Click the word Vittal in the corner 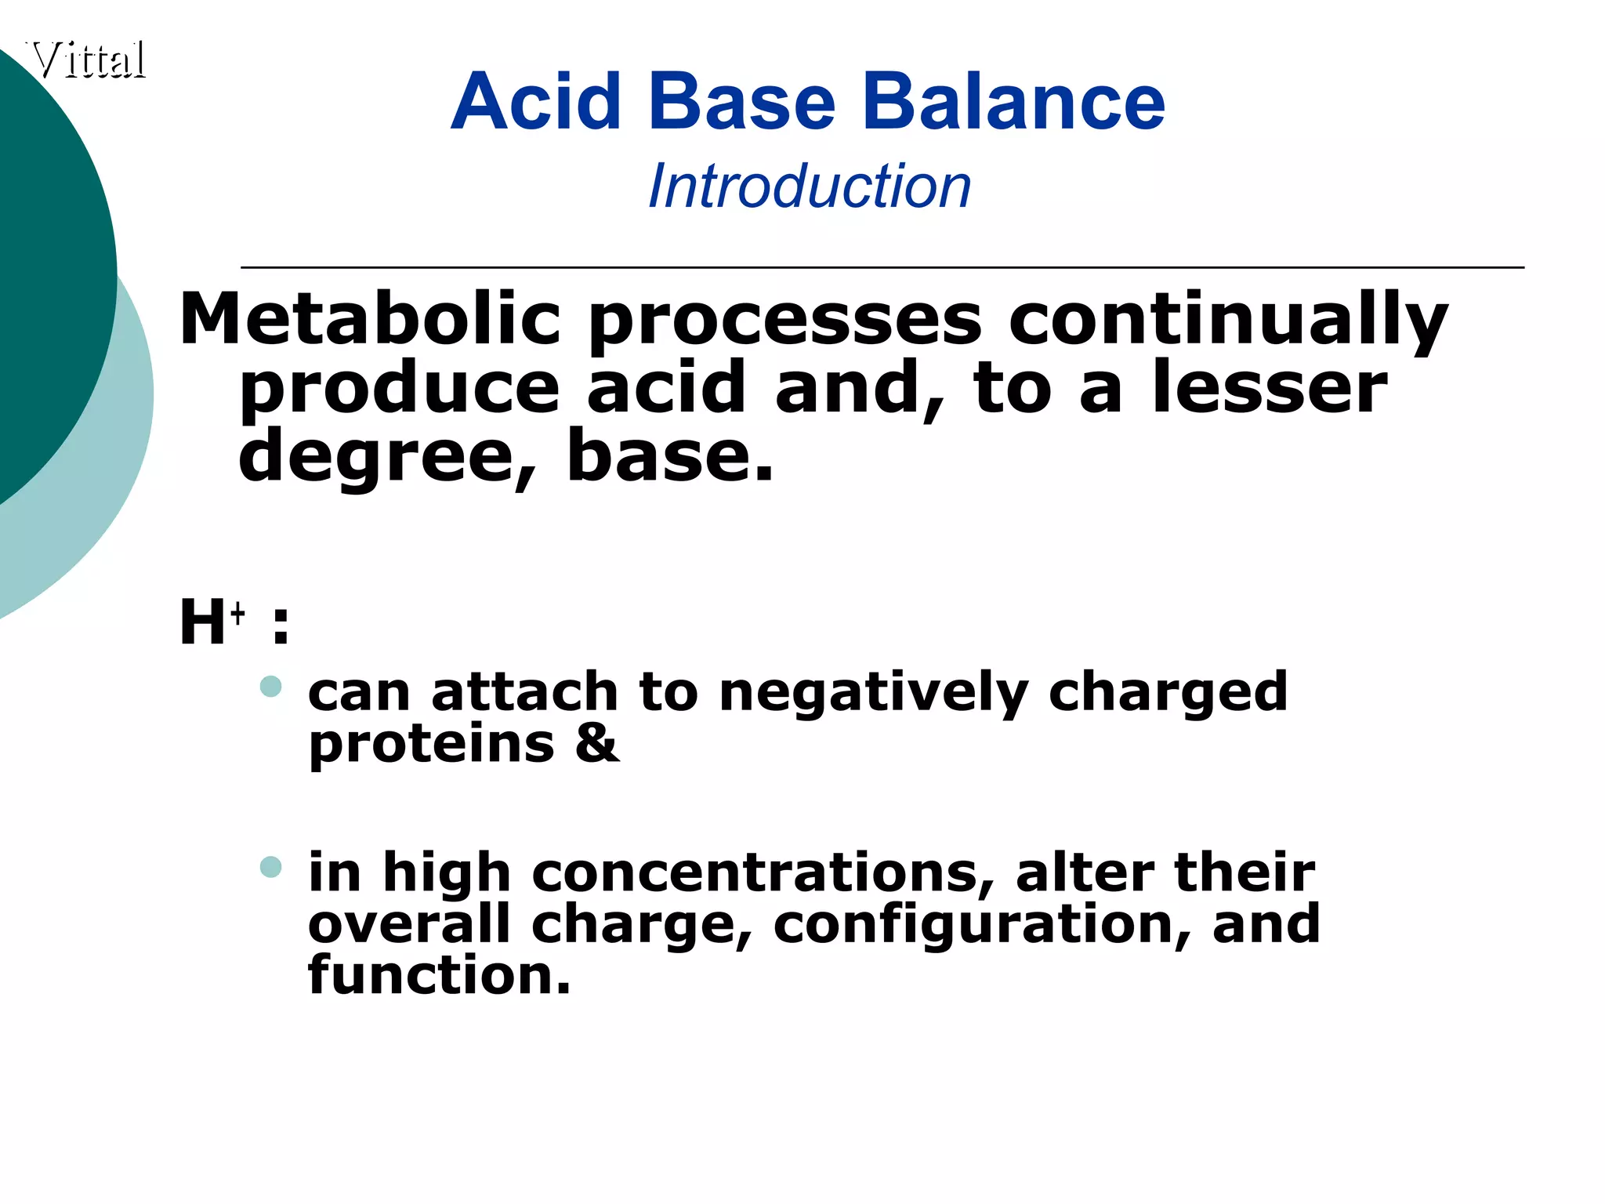pyautogui.click(x=89, y=60)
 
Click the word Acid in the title pyautogui.click(x=536, y=102)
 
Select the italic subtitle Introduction pyautogui.click(x=810, y=187)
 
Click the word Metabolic pyautogui.click(x=370, y=319)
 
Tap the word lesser pyautogui.click(x=1270, y=388)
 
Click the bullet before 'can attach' pyautogui.click(x=270, y=687)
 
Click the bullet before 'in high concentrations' pyautogui.click(x=270, y=867)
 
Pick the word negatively pyautogui.click(x=873, y=693)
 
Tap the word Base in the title pyautogui.click(x=742, y=102)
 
